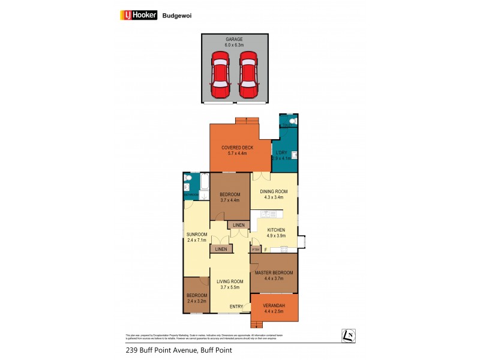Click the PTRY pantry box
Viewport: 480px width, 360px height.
(255, 250)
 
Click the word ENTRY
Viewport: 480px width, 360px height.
(236, 307)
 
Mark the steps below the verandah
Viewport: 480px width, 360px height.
(257, 325)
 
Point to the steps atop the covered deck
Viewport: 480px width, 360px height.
(247, 119)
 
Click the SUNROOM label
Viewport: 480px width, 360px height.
(196, 234)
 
